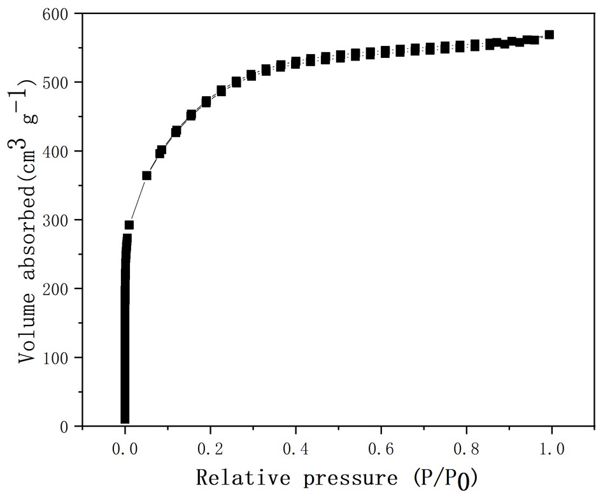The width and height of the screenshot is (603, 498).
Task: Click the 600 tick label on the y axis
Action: [59, 13]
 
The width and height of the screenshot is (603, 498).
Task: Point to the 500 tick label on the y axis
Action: [59, 82]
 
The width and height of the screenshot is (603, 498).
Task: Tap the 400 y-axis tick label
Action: [59, 151]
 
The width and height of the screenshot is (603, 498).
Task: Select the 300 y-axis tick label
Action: [59, 220]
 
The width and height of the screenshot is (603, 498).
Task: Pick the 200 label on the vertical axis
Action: [59, 288]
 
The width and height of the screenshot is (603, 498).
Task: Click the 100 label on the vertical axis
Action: [59, 357]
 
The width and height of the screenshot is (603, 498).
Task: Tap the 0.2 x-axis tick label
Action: [210, 450]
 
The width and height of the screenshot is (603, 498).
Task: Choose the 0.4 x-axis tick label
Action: [295, 450]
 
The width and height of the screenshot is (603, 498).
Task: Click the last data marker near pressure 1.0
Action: [549, 34]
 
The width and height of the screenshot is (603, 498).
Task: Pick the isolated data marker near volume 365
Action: [146, 175]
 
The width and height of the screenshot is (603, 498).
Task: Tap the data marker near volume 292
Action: [129, 225]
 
